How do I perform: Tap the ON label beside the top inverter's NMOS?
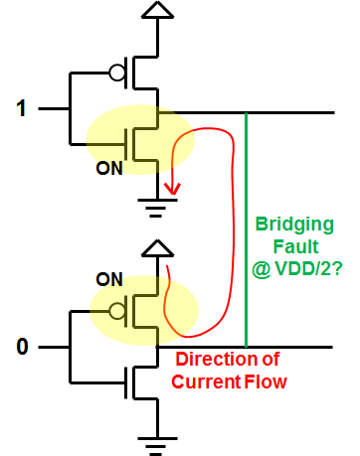coord(108,168)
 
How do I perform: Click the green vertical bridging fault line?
coord(246,228)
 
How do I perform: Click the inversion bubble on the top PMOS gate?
coord(116,73)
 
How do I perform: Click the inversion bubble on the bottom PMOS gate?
coord(116,309)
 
